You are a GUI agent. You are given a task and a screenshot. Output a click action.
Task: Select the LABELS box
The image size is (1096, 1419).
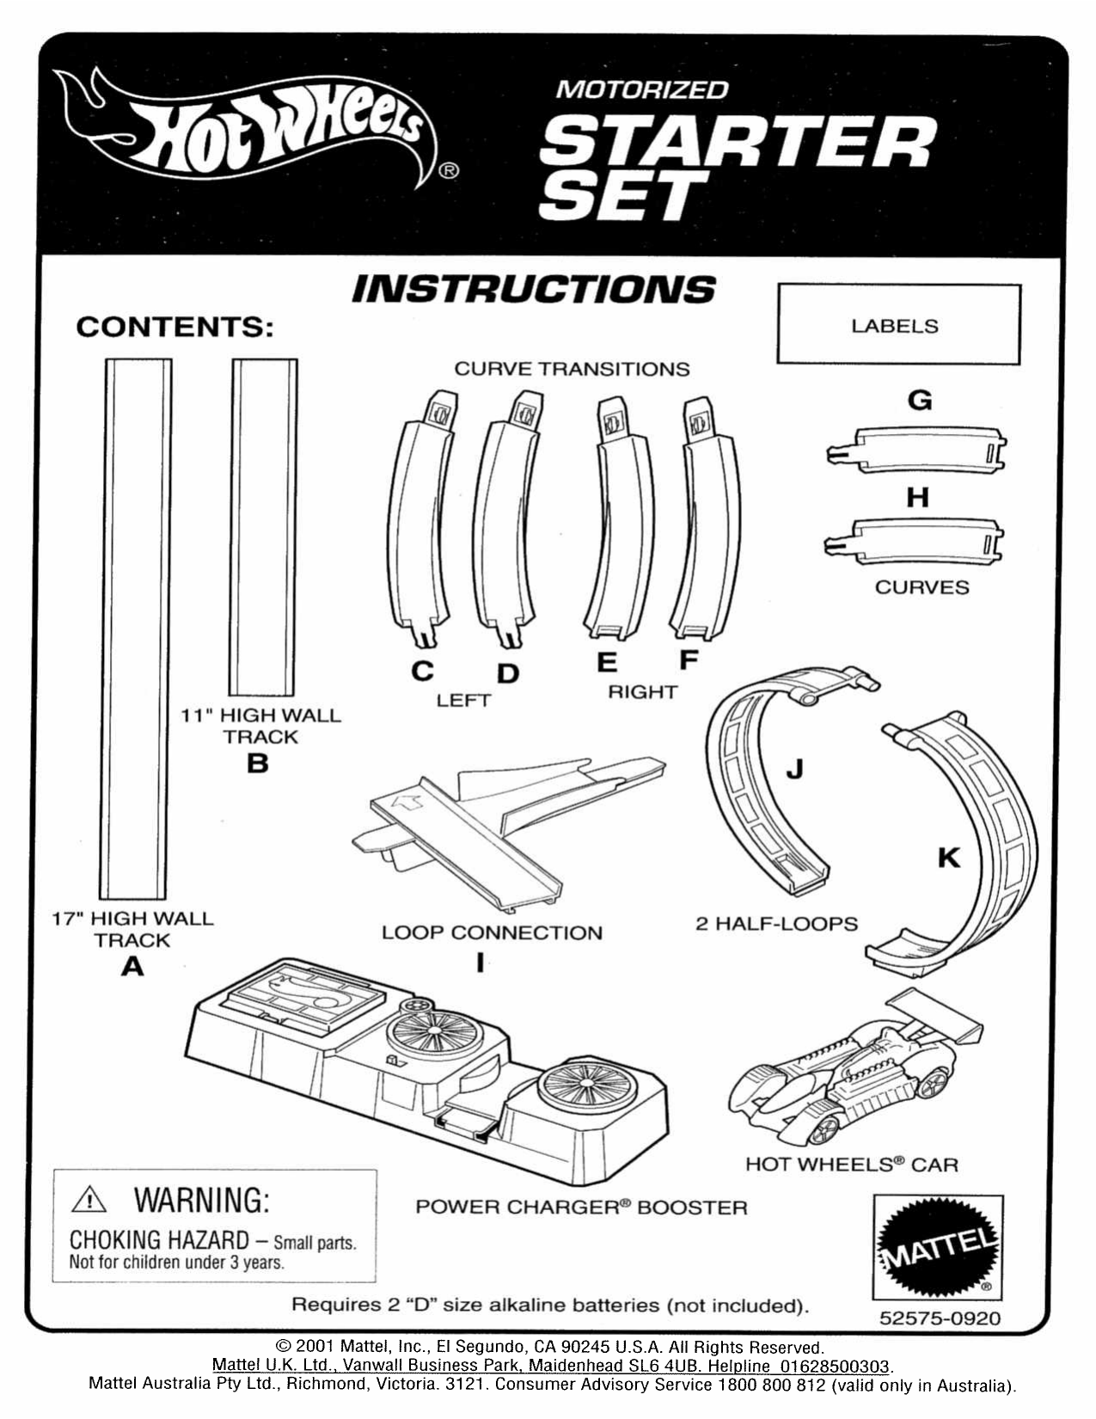[898, 325]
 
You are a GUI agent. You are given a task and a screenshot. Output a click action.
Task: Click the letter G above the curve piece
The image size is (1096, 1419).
[919, 400]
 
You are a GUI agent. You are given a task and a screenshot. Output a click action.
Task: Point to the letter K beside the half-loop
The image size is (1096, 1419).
[948, 857]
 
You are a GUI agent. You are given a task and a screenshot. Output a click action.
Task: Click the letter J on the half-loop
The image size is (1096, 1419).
[794, 768]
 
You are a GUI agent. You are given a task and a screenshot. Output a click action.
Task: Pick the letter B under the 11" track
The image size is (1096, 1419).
[258, 763]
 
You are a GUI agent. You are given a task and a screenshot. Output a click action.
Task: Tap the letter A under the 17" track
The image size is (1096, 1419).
[132, 967]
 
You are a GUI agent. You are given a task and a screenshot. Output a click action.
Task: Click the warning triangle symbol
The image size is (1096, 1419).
[89, 1200]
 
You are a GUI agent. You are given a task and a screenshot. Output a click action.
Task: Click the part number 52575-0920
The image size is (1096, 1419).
[940, 1318]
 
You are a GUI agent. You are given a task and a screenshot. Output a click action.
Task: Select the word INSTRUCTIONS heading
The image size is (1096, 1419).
[533, 290]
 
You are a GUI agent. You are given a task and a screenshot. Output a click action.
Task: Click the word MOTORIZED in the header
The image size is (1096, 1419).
[641, 89]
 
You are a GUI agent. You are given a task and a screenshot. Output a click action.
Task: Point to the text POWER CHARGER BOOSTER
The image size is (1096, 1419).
[581, 1208]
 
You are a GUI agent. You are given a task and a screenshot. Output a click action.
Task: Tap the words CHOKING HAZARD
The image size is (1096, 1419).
[158, 1240]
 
